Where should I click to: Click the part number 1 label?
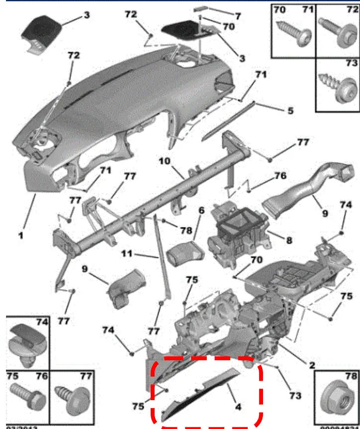(x=21, y=236)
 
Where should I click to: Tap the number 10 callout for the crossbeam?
(x=165, y=161)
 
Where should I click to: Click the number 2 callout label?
(x=312, y=365)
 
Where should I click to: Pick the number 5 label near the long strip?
(x=290, y=110)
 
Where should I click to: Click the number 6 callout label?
(x=201, y=211)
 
